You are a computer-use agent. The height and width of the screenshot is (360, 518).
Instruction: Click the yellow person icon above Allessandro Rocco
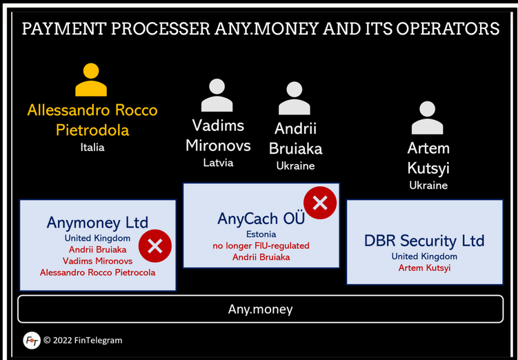click(x=91, y=79)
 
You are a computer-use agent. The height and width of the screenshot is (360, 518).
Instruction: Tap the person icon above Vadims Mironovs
click(x=217, y=95)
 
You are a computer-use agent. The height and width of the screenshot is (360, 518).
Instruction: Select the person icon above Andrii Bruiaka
click(x=295, y=98)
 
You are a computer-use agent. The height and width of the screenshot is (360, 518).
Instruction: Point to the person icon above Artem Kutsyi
click(x=427, y=117)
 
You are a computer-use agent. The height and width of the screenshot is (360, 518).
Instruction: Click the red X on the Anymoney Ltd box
click(x=155, y=246)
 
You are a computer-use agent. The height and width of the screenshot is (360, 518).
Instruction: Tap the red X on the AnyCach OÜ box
click(x=320, y=203)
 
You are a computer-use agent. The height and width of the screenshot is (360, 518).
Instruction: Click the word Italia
click(x=92, y=148)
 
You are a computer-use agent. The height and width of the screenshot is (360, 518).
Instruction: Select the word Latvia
click(x=218, y=163)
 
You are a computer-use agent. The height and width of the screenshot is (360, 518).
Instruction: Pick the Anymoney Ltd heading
click(x=97, y=223)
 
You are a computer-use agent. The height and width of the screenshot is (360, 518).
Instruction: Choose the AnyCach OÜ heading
click(x=261, y=219)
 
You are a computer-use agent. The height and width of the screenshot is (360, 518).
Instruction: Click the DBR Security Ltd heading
click(x=424, y=241)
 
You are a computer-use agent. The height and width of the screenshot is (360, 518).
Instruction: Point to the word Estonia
click(x=261, y=234)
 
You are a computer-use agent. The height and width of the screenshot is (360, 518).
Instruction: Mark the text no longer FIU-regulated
click(x=261, y=246)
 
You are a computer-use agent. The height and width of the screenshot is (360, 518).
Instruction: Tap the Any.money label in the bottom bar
click(x=260, y=309)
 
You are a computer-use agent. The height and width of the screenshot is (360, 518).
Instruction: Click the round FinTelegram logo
click(x=32, y=341)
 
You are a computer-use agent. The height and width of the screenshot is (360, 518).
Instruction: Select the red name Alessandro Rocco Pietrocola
click(x=97, y=272)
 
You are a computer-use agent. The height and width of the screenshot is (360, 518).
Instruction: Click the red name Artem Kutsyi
click(x=424, y=268)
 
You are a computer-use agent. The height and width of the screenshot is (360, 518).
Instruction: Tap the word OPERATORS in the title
click(x=448, y=29)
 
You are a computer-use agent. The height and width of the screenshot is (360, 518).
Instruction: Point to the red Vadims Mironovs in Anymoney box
click(x=97, y=261)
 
